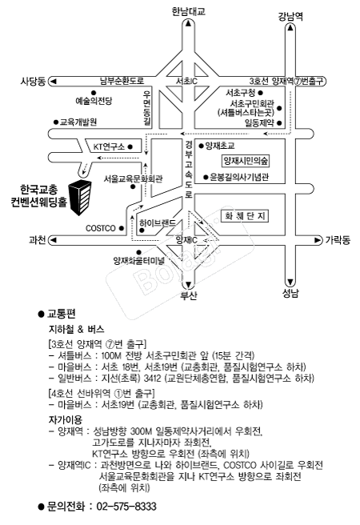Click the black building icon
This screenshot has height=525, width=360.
[80, 198]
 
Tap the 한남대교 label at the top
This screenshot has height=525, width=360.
[188, 11]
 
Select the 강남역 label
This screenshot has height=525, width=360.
[290, 16]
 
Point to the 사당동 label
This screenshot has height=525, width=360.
[33, 81]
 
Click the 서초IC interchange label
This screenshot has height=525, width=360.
[186, 81]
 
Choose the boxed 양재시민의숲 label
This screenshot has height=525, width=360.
[246, 161]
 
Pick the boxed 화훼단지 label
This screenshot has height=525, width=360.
[245, 215]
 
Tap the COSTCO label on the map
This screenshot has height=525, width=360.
[100, 228]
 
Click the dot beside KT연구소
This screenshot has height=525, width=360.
[130, 146]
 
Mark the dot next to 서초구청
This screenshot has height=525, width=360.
[261, 93]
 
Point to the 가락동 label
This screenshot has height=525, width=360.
[338, 240]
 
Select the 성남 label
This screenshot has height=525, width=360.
[290, 294]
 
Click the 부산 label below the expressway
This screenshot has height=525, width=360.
[189, 295]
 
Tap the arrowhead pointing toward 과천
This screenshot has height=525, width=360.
[53, 240]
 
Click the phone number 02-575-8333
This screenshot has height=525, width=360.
[126, 507]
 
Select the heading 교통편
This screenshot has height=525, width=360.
[62, 314]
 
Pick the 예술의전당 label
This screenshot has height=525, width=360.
[94, 101]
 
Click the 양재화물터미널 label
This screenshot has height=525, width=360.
[139, 260]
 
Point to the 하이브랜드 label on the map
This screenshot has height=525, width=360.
[158, 223]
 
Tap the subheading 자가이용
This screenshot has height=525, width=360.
[66, 419]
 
